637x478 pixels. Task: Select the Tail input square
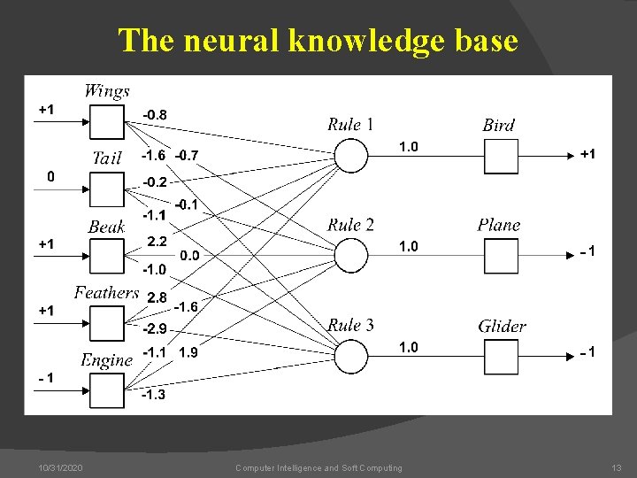pyautogui.click(x=108, y=189)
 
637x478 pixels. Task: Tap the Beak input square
pyautogui.click(x=108, y=256)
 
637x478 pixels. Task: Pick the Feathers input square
pyautogui.click(x=108, y=322)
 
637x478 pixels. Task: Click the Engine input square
pyautogui.click(x=108, y=389)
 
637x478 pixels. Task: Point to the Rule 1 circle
pyautogui.click(x=351, y=157)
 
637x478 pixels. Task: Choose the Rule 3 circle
pyautogui.click(x=351, y=356)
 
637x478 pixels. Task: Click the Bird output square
pyautogui.click(x=500, y=157)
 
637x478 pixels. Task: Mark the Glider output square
pyautogui.click(x=500, y=356)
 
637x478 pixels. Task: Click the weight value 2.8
pyautogui.click(x=157, y=298)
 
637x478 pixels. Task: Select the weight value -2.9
pyautogui.click(x=155, y=328)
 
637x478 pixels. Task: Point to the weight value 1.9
pyautogui.click(x=188, y=352)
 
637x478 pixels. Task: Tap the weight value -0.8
pyautogui.click(x=155, y=114)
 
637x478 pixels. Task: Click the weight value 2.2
pyautogui.click(x=157, y=241)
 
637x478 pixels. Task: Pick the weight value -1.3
pyautogui.click(x=154, y=395)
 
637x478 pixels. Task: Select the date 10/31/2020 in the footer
pyautogui.click(x=61, y=467)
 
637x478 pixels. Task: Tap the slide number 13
pyautogui.click(x=617, y=467)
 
